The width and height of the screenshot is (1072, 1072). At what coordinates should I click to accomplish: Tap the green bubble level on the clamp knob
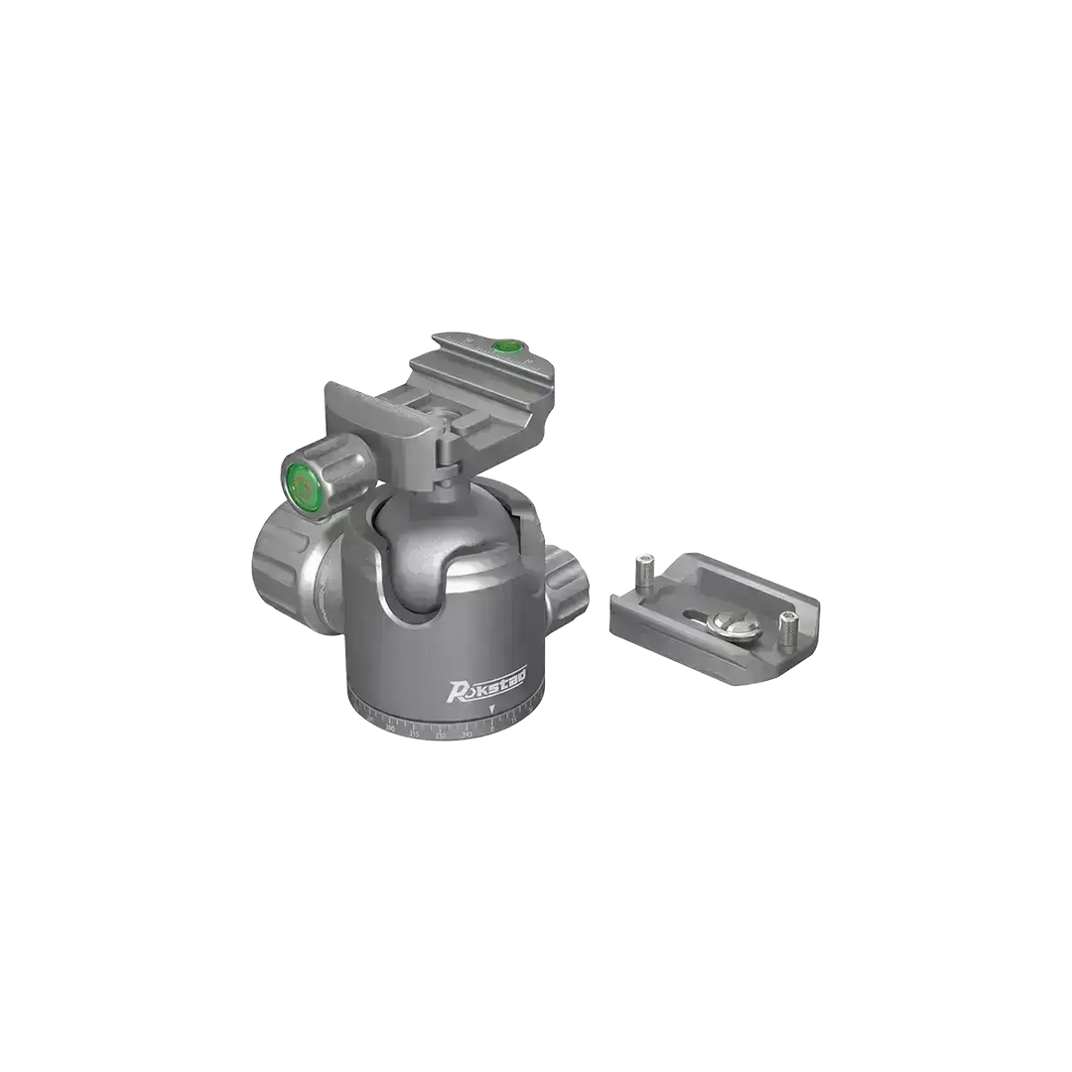pos(302,485)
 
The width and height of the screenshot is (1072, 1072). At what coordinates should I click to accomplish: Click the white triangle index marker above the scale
pos(491,709)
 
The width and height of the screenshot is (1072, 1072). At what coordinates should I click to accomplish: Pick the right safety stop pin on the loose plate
pos(787,626)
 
